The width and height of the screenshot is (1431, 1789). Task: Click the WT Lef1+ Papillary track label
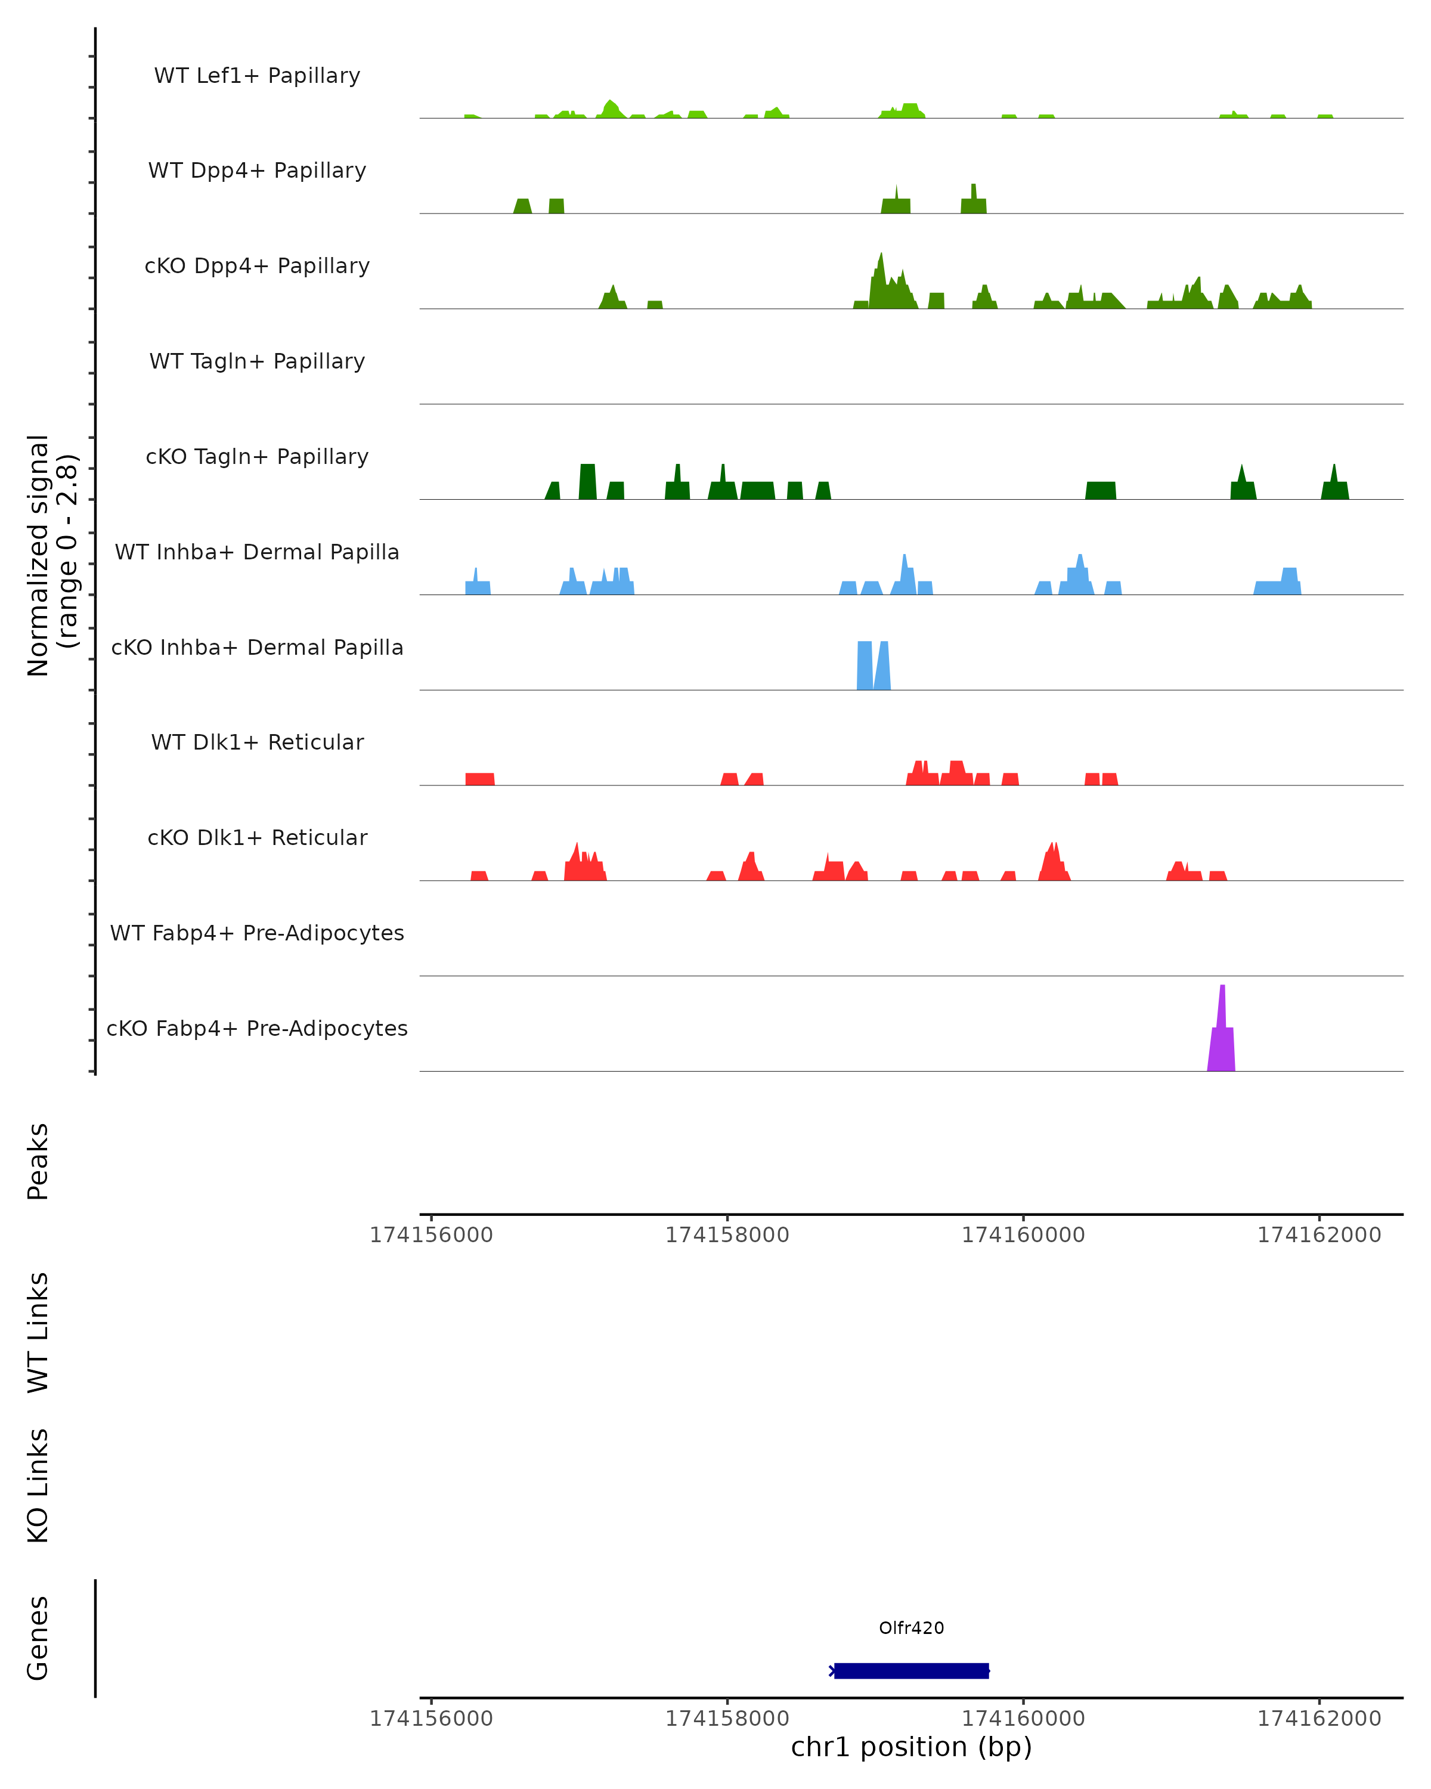pyautogui.click(x=257, y=76)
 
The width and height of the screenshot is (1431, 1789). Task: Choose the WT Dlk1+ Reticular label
pyautogui.click(x=257, y=742)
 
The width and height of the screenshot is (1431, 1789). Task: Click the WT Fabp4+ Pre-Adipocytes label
pyautogui.click(x=257, y=933)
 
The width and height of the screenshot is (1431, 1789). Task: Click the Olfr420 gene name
pyautogui.click(x=911, y=1628)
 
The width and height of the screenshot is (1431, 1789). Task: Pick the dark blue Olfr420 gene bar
pyautogui.click(x=911, y=1670)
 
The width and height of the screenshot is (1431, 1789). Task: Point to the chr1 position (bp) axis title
pyautogui.click(x=911, y=1747)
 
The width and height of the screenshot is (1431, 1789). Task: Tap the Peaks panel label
pyautogui.click(x=38, y=1161)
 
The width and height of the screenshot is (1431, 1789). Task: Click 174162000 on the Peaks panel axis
pyautogui.click(x=1319, y=1235)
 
